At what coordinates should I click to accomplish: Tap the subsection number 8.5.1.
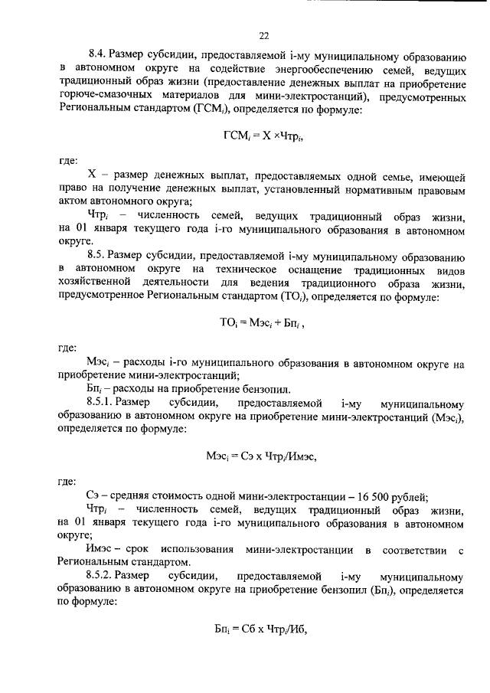click(x=103, y=403)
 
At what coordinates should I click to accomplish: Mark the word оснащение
click(x=331, y=270)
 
